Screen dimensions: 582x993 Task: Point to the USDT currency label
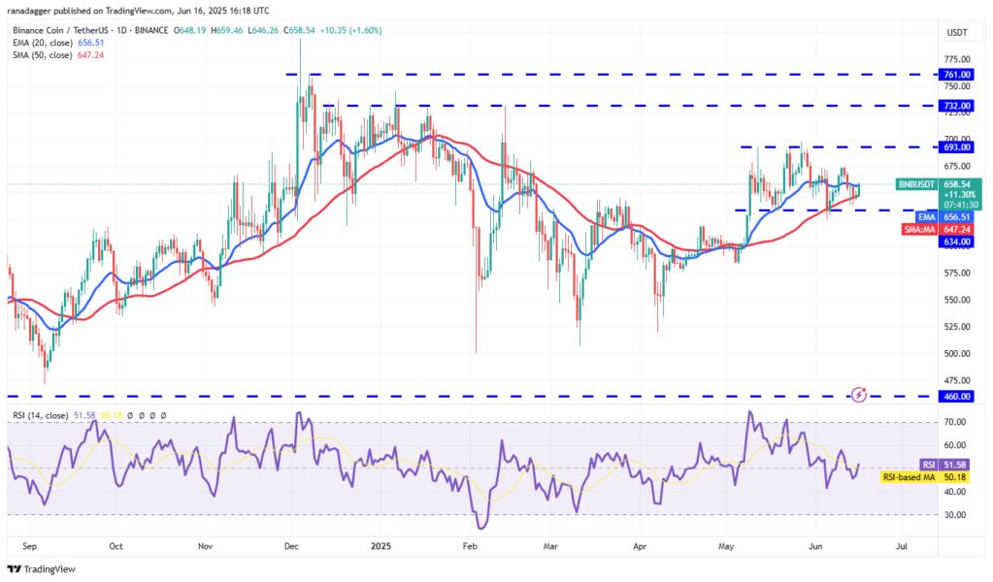coord(957,33)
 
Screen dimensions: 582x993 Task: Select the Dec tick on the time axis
coord(292,546)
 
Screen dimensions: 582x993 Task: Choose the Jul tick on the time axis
coord(901,546)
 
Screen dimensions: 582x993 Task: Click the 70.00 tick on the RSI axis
coord(957,422)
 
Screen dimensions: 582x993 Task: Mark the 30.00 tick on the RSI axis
coord(957,515)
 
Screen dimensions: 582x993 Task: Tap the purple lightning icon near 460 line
coord(858,394)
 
